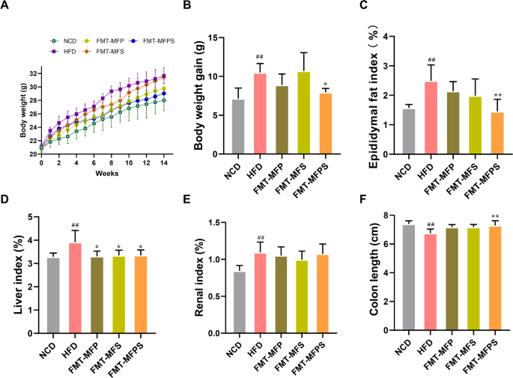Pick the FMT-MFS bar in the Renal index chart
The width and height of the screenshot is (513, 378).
click(x=303, y=296)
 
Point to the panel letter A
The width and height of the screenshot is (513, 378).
click(x=6, y=7)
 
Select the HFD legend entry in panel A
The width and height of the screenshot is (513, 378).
click(x=66, y=51)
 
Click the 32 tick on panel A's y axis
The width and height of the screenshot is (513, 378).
click(x=34, y=73)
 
